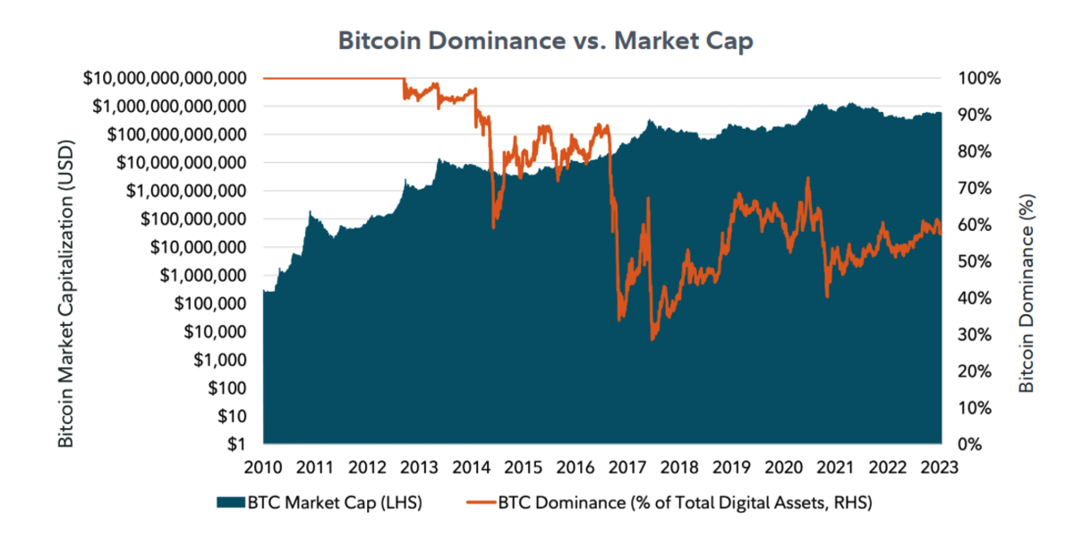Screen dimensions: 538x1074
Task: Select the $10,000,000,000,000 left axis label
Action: (165, 78)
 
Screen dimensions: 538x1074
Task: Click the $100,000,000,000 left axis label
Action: (176, 134)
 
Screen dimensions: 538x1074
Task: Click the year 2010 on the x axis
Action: (263, 466)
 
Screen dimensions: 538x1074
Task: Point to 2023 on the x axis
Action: (941, 466)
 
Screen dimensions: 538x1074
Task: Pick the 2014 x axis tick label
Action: (471, 466)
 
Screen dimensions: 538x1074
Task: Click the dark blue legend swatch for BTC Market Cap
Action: (230, 503)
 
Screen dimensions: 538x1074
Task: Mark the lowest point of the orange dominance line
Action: (653, 339)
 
